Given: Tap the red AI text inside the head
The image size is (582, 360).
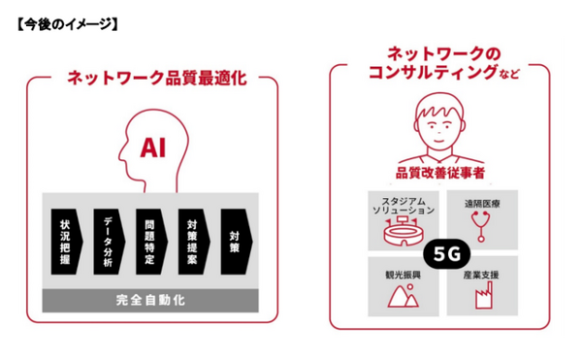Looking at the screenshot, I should [154, 147].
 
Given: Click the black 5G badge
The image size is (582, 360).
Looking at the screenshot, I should [443, 250].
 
